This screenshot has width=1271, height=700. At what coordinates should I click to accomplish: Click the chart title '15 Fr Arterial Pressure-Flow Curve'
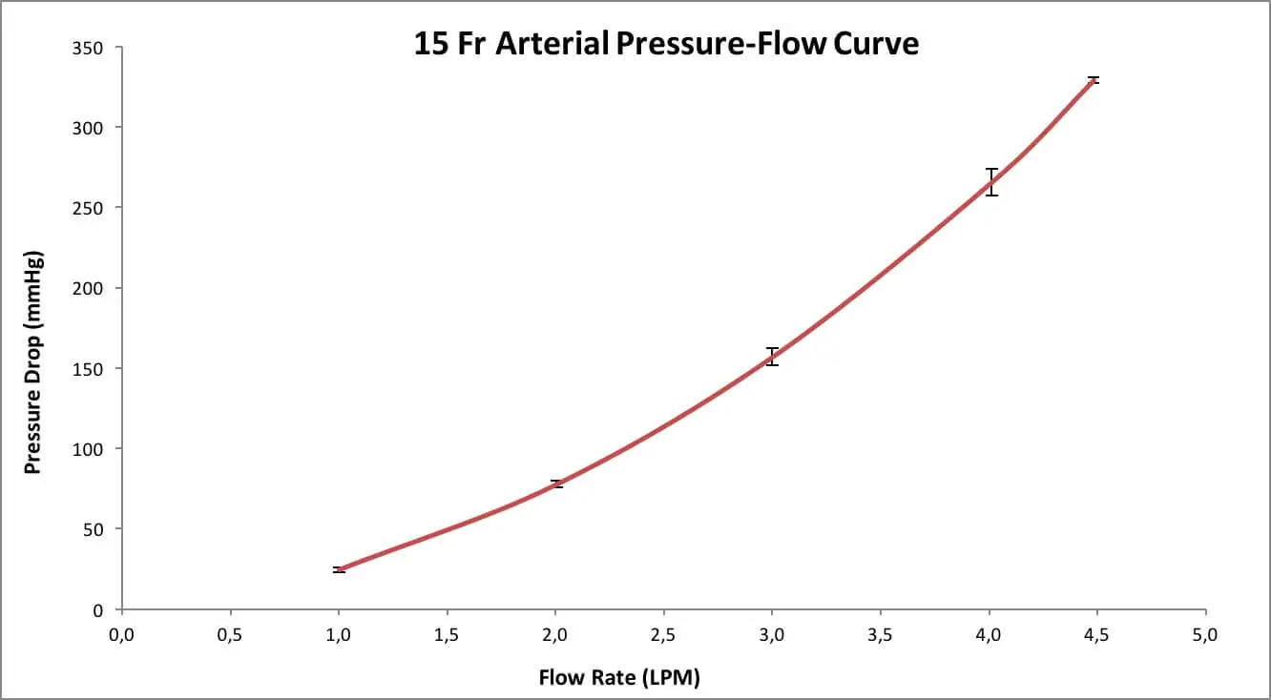[x=666, y=44]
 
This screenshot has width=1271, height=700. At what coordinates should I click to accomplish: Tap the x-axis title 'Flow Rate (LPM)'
[x=619, y=678]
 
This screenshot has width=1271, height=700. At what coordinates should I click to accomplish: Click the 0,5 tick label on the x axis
[x=230, y=636]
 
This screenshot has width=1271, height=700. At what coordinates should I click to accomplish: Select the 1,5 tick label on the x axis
[x=447, y=636]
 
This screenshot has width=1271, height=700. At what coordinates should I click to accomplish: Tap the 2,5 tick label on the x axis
[x=664, y=636]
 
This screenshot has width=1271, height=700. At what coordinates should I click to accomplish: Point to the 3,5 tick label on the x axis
[x=881, y=636]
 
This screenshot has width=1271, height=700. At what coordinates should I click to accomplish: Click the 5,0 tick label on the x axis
[x=1206, y=636]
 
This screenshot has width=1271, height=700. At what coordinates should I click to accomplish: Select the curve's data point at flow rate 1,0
[x=339, y=569]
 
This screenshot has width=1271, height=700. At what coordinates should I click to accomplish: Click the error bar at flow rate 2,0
[x=556, y=484]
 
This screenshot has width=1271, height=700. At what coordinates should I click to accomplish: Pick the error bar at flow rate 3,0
[x=773, y=357]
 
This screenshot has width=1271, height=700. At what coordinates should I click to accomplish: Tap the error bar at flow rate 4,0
[x=991, y=181]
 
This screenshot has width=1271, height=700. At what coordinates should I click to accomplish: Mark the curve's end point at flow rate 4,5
[x=1094, y=80]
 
